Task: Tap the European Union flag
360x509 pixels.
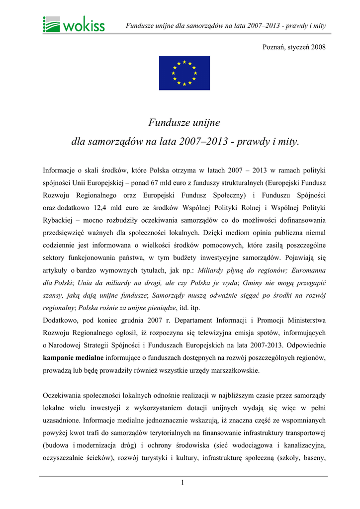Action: (x=184, y=73)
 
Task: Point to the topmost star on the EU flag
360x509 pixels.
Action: (x=184, y=62)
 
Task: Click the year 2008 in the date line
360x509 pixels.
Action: (x=318, y=47)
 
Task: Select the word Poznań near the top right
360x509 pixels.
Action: (x=274, y=47)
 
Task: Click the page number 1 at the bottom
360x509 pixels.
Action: (x=183, y=482)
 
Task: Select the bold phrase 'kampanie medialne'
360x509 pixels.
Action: (x=73, y=357)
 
